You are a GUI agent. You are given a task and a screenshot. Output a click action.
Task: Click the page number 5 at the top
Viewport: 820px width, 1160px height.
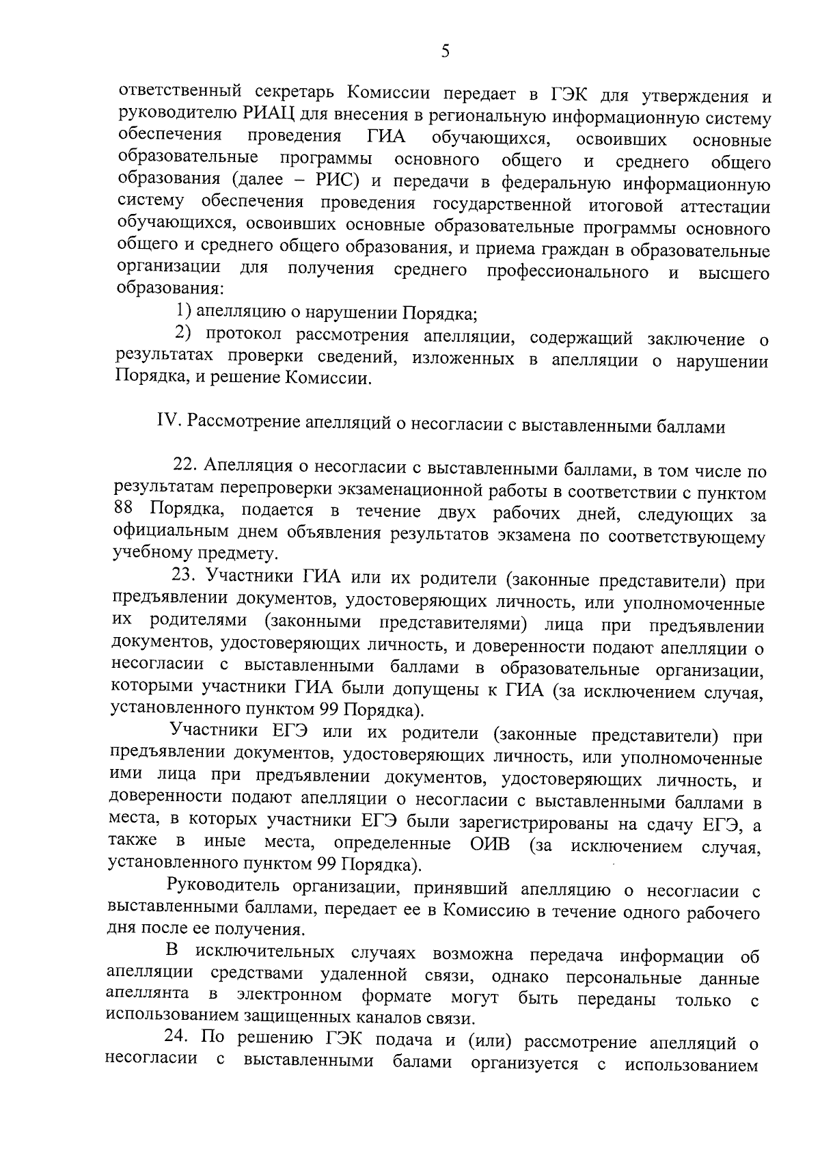(x=445, y=52)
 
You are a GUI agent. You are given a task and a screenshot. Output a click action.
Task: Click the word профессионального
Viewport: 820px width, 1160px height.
(x=567, y=271)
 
